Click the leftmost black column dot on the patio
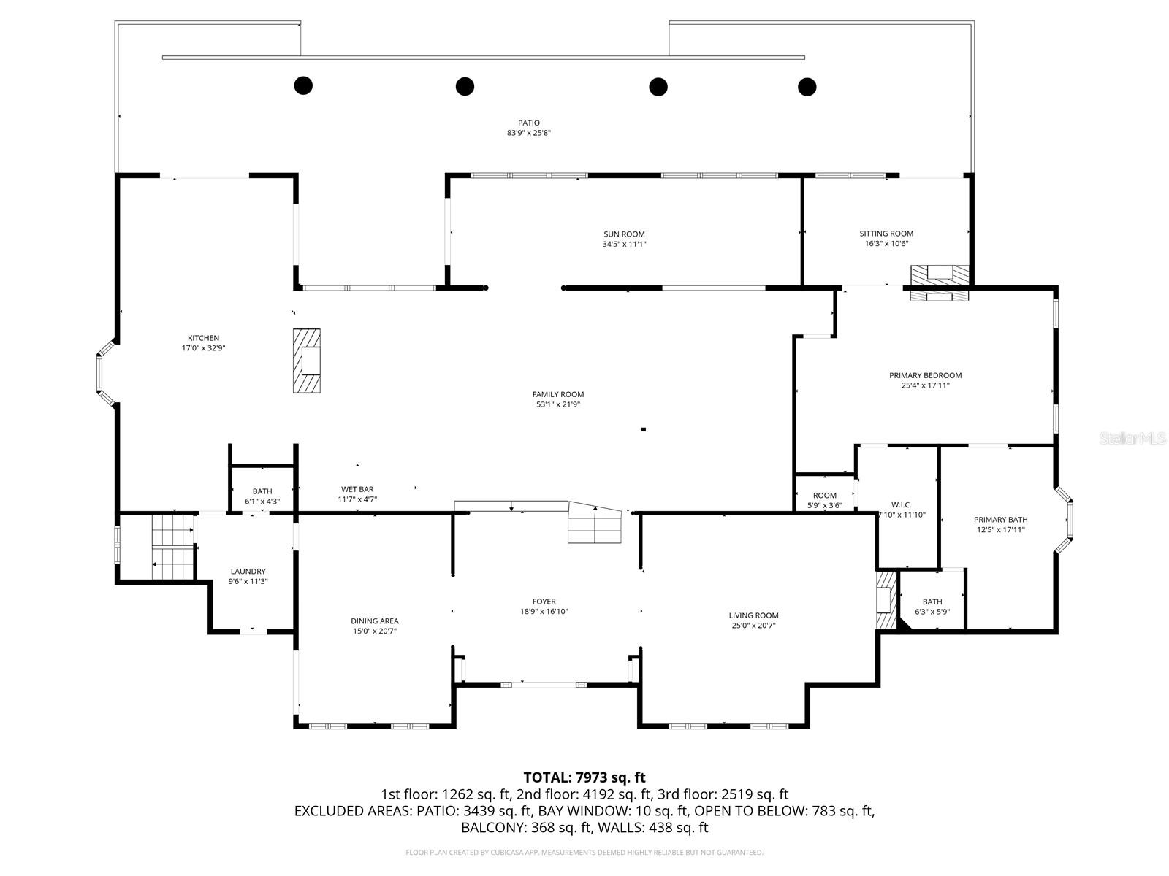click(x=303, y=85)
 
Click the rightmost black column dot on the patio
click(x=807, y=87)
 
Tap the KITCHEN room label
click(x=203, y=338)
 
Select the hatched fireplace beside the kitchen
click(x=307, y=361)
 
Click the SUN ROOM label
click(x=624, y=234)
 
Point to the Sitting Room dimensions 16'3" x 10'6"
click(x=886, y=244)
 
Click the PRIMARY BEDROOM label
click(x=925, y=375)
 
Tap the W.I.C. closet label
click(x=901, y=504)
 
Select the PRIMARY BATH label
click(x=1000, y=520)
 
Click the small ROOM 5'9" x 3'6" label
click(x=824, y=496)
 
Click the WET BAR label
click(x=357, y=489)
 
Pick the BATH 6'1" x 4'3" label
click(x=262, y=492)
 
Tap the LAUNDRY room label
click(x=248, y=572)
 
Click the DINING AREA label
click(x=374, y=621)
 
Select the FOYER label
click(x=544, y=602)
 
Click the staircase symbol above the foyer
click(x=595, y=524)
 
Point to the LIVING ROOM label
click(x=753, y=615)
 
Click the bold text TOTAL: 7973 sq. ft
click(x=584, y=777)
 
